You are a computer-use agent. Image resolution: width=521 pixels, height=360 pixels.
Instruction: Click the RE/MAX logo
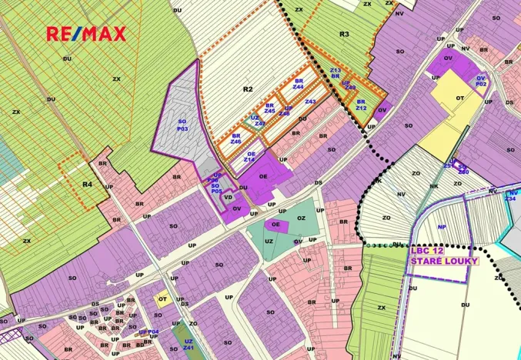click(x=86, y=34)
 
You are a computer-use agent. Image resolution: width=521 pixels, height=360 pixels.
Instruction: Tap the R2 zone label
click(x=248, y=89)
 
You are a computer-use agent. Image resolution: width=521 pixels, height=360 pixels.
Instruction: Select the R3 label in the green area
click(x=344, y=35)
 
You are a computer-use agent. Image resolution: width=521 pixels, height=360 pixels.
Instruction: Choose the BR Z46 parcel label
click(x=236, y=138)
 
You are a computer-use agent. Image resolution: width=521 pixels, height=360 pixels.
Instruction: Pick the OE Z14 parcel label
click(x=250, y=156)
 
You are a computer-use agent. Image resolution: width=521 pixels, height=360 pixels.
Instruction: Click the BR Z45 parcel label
click(x=269, y=108)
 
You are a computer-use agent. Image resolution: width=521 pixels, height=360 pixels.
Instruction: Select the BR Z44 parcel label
click(x=298, y=84)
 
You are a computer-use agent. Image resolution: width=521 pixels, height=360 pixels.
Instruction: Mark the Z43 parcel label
click(x=310, y=102)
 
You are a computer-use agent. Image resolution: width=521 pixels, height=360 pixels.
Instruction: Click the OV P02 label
click(x=481, y=81)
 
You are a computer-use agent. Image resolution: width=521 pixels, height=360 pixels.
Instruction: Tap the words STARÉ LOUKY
click(x=443, y=261)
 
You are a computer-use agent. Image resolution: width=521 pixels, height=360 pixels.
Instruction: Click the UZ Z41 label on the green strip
click(x=187, y=346)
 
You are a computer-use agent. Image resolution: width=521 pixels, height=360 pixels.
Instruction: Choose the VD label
click(x=228, y=197)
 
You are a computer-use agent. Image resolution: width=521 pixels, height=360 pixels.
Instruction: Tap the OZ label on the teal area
click(x=302, y=218)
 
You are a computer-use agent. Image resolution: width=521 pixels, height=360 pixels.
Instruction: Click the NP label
click(x=442, y=227)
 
